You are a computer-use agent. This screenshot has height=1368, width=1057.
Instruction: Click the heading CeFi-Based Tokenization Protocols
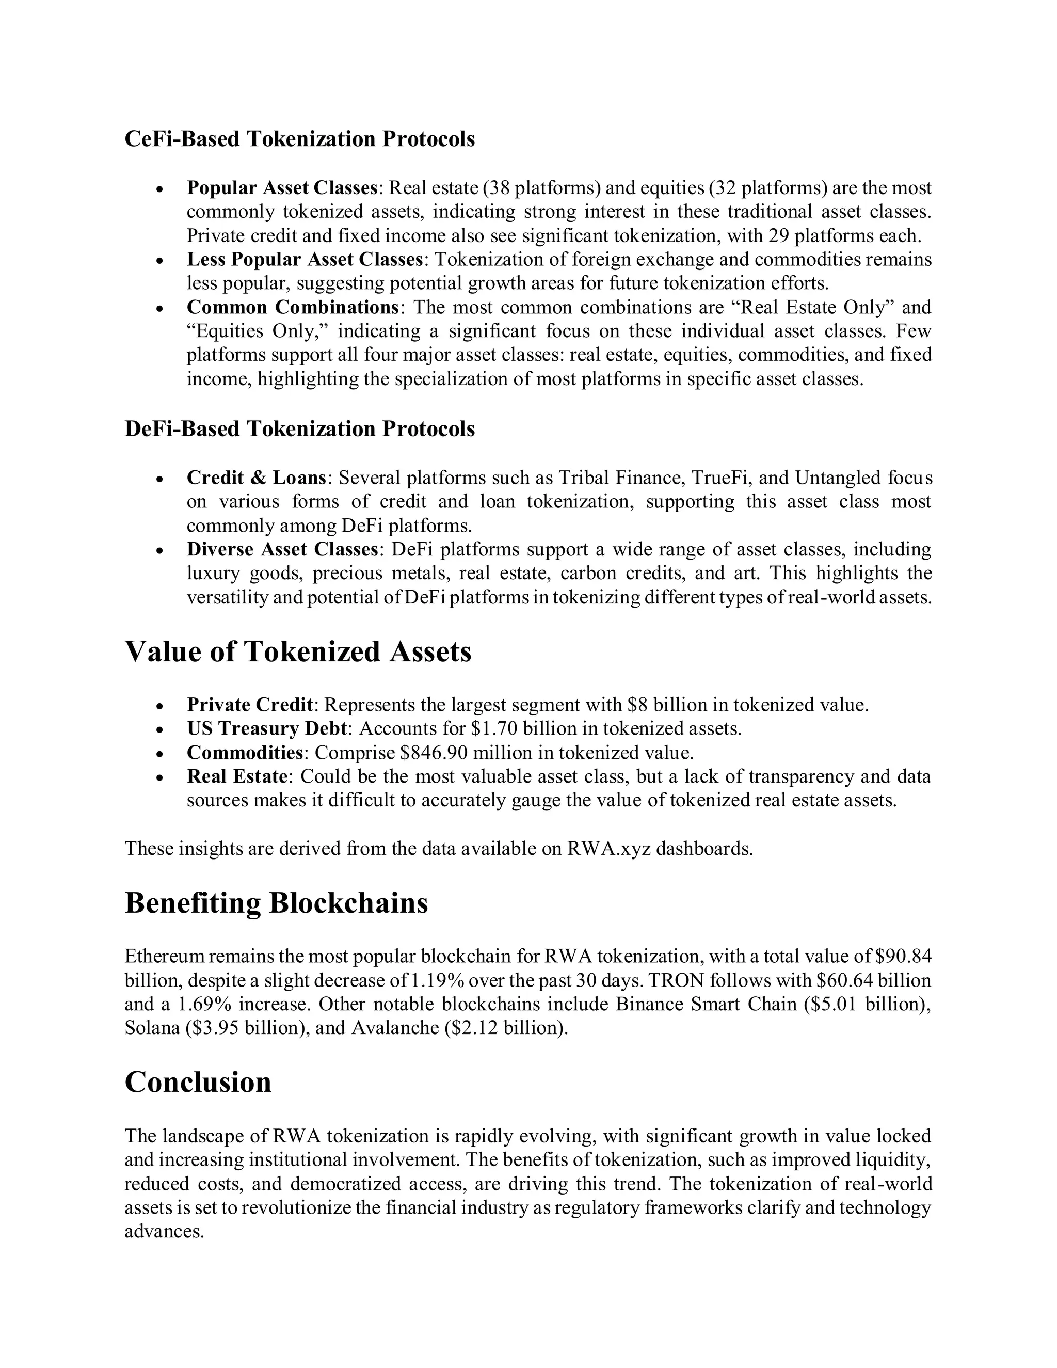(x=299, y=139)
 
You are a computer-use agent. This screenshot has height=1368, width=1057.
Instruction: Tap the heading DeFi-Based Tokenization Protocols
(x=299, y=429)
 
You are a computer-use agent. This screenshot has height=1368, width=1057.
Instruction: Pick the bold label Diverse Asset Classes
(x=282, y=549)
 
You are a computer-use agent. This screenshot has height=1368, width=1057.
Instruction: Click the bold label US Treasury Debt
(x=266, y=729)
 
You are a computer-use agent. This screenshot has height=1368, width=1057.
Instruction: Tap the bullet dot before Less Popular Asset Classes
(x=161, y=261)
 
